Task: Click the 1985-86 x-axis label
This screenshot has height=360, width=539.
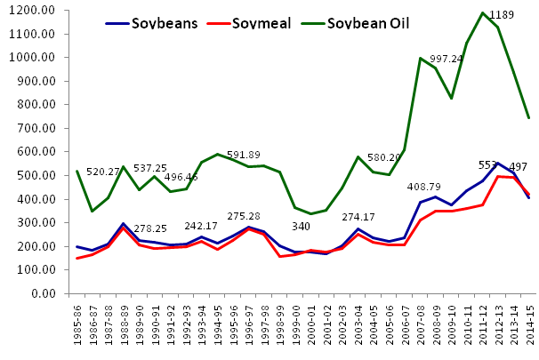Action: (77, 326)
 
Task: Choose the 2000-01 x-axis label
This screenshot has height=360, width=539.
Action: (310, 326)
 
